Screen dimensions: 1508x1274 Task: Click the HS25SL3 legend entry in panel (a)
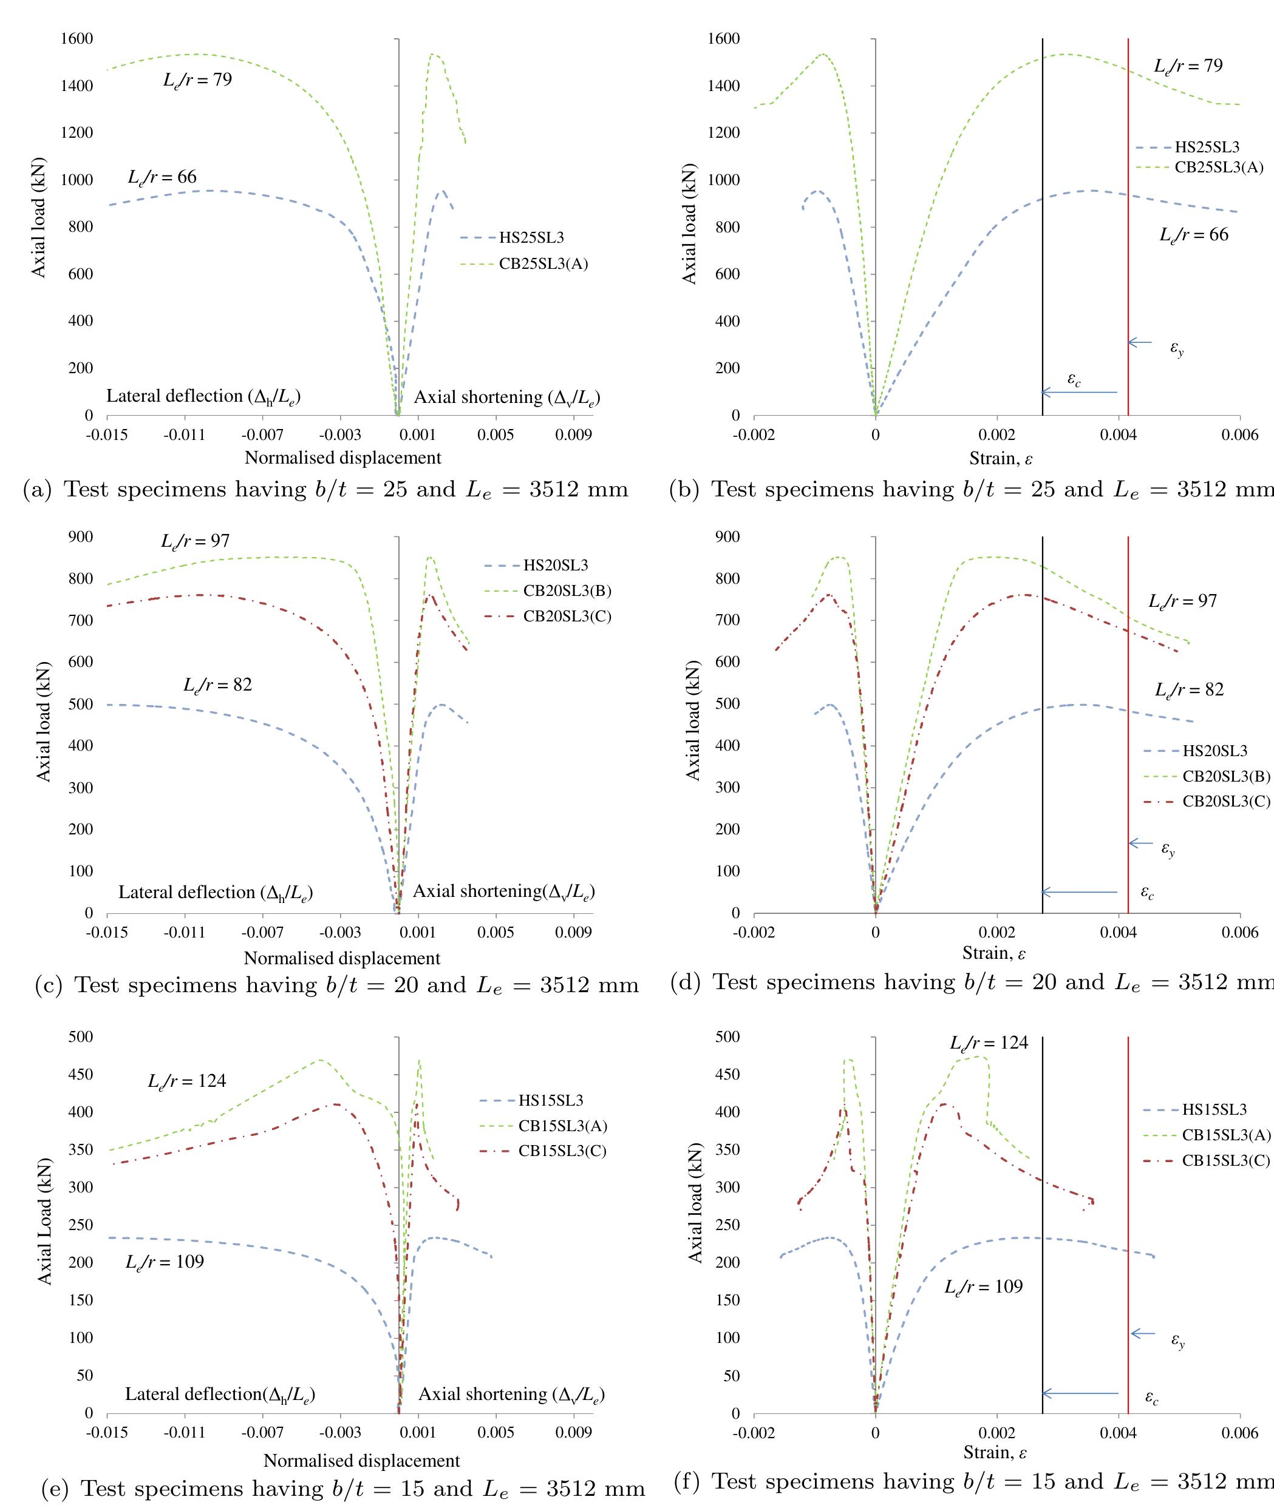tap(531, 237)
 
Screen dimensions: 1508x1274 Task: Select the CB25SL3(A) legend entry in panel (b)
tap(1218, 167)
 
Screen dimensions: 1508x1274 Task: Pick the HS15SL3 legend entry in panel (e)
tap(550, 1100)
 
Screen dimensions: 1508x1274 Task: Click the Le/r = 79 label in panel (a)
tap(197, 79)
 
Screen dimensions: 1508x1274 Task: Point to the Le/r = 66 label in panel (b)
tap(1193, 235)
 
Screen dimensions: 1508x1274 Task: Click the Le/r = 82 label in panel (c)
tap(217, 685)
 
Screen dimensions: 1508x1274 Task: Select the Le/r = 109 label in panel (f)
tap(983, 1287)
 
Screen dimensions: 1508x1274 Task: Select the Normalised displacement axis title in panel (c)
tap(342, 958)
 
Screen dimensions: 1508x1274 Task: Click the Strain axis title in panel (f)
tap(995, 1452)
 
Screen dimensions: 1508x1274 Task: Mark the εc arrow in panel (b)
tap(1079, 392)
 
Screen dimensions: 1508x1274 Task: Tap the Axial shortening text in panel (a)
tap(506, 397)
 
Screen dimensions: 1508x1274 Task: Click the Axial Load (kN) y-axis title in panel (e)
tap(45, 1222)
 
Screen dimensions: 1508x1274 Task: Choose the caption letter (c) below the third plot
tap(49, 986)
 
